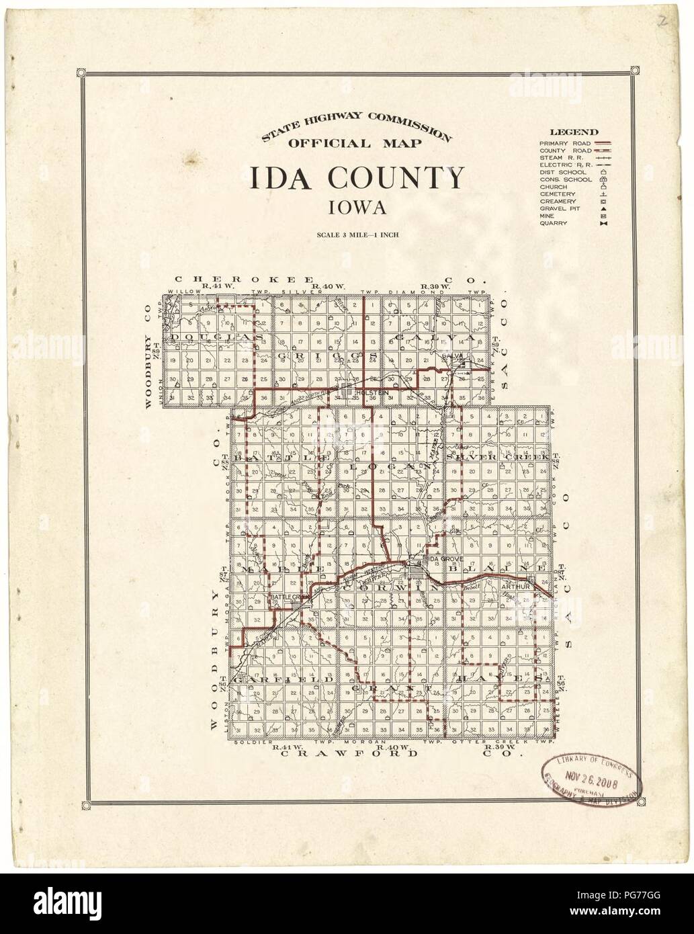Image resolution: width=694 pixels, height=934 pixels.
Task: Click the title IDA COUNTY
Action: (357, 179)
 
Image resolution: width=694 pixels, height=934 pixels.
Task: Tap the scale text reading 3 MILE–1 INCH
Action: (357, 235)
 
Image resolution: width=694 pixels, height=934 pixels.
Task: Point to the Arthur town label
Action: (512, 586)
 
